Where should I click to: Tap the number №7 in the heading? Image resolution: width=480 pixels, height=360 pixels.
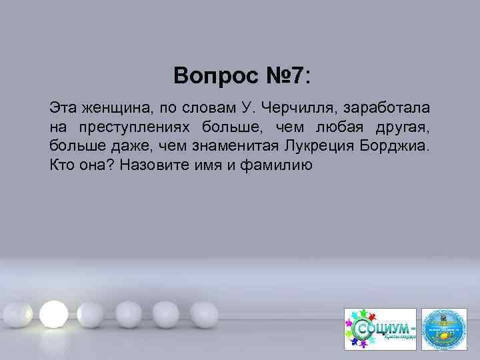coord(282,75)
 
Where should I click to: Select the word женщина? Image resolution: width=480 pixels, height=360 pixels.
coord(110,107)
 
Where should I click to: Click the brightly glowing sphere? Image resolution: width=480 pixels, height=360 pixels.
coord(53,311)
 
